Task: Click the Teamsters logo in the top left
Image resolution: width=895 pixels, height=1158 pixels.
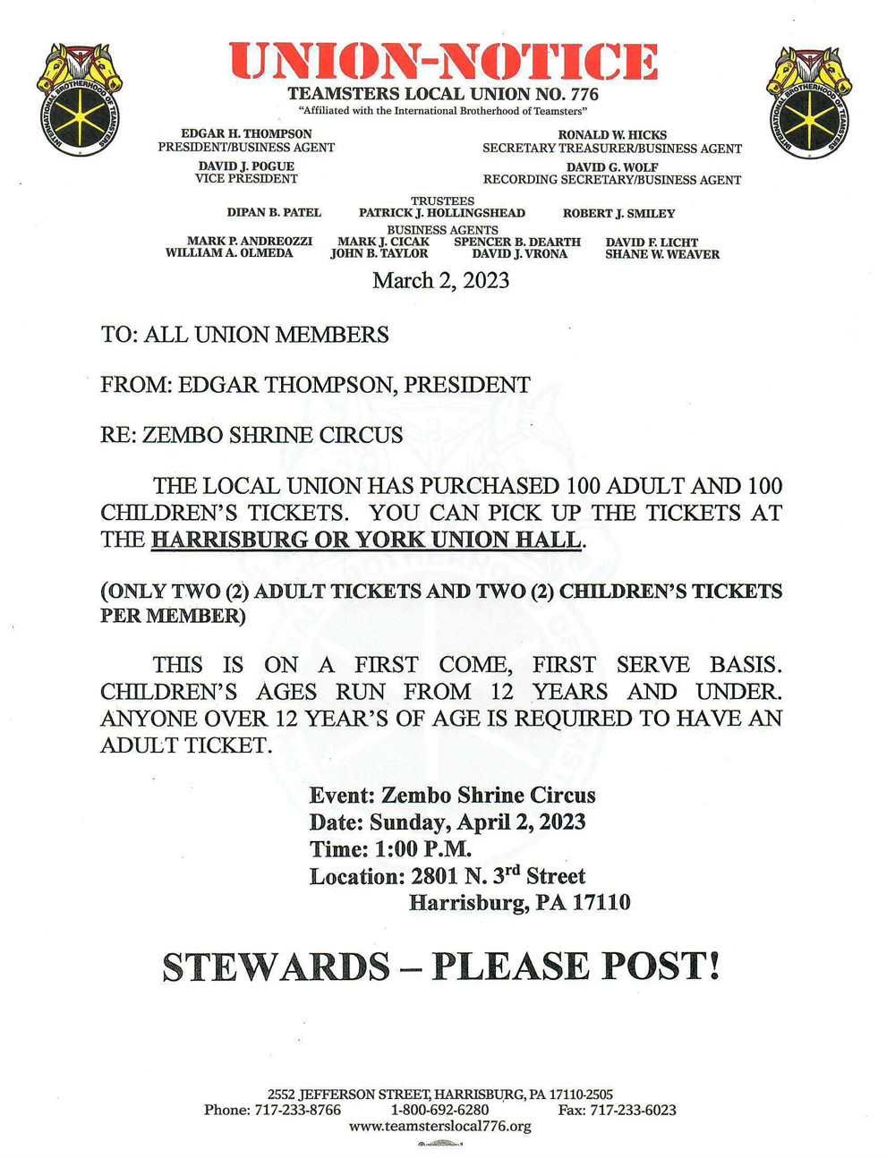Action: [x=80, y=99]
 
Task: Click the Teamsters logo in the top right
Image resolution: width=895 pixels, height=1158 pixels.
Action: [x=809, y=102]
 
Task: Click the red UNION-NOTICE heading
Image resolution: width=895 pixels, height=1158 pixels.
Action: [x=443, y=62]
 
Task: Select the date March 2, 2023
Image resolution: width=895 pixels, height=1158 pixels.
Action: [x=441, y=280]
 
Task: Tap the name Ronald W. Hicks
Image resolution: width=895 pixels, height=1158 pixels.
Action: [x=612, y=135]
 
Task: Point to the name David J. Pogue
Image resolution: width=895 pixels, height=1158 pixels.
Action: [x=246, y=166]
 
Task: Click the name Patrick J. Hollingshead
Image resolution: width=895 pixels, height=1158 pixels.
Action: [x=442, y=213]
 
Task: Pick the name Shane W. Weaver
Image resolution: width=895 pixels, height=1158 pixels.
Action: [x=662, y=254]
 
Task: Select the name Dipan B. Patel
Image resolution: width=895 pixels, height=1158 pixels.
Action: [x=274, y=213]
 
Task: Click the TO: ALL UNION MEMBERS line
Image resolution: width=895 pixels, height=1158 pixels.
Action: [x=244, y=335]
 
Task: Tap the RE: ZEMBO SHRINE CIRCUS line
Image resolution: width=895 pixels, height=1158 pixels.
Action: [x=251, y=435]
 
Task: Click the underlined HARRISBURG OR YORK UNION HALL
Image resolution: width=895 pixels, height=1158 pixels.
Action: [x=366, y=540]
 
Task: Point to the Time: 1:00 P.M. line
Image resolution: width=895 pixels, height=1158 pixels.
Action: [x=390, y=848]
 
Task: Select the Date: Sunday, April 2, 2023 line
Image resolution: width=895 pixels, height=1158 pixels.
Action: [x=447, y=822]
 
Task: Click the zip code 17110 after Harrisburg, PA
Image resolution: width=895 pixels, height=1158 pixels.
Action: [x=601, y=902]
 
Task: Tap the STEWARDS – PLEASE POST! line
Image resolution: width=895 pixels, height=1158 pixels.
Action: [x=441, y=966]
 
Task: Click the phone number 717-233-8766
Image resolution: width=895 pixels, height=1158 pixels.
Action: [x=299, y=1110]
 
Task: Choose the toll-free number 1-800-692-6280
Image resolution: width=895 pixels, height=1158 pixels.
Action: [x=439, y=1110]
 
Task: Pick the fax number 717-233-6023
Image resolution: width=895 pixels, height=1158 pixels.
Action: [x=636, y=1110]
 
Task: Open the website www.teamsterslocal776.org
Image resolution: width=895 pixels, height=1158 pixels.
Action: [x=439, y=1126]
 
